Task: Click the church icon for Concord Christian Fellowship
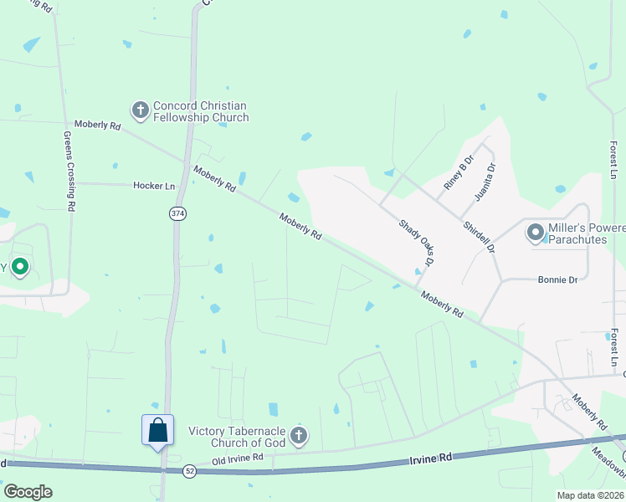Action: [140, 109]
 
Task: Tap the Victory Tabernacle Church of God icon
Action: [299, 435]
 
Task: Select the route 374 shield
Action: [177, 214]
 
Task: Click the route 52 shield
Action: [189, 471]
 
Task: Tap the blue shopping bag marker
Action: [158, 431]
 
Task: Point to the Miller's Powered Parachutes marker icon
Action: [536, 232]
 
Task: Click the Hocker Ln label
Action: [154, 185]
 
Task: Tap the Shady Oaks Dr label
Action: [417, 243]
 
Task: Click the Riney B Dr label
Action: [459, 172]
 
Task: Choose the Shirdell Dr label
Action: [480, 237]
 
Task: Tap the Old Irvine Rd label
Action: [238, 458]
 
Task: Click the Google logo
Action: [28, 492]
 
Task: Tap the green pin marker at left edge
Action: [20, 268]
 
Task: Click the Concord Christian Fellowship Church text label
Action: [201, 111]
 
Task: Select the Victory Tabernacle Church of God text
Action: [238, 437]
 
